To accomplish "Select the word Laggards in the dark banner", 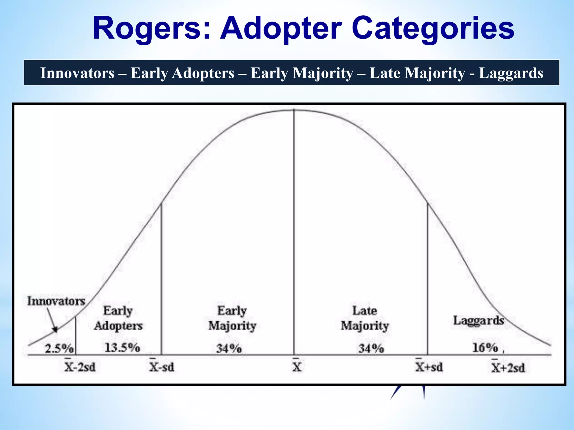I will [x=511, y=73].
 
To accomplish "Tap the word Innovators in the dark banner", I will [x=77, y=73].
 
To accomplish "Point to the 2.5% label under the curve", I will [x=59, y=349].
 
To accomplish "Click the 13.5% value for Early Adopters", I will [x=122, y=348].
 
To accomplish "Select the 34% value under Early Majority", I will [x=229, y=349].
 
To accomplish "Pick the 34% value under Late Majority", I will [x=371, y=349].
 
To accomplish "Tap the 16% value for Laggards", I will [x=485, y=348].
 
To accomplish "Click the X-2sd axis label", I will [x=80, y=367].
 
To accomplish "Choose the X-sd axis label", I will [x=161, y=367].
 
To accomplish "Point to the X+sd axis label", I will [x=429, y=367].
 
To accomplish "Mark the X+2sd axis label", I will [x=508, y=367].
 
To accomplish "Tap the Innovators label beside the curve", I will [x=56, y=301].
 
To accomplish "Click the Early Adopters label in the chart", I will [x=118, y=318].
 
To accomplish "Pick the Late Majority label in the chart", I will [x=365, y=318].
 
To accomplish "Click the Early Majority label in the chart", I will [x=232, y=318].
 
